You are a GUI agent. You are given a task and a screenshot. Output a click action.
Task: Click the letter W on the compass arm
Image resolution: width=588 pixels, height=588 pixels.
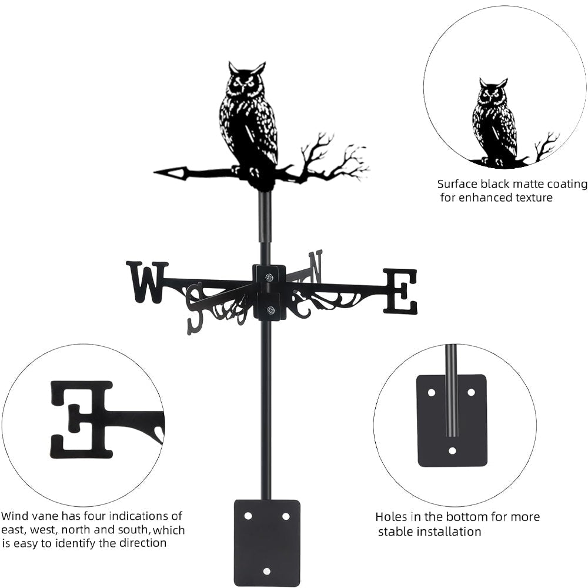click(x=146, y=282)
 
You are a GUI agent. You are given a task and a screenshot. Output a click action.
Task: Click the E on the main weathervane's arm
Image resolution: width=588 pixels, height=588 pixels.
click(x=400, y=291)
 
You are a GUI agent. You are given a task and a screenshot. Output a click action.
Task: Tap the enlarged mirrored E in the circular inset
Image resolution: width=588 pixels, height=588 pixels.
click(x=81, y=419)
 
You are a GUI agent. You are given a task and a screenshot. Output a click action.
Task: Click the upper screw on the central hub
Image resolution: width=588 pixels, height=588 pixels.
click(x=269, y=277)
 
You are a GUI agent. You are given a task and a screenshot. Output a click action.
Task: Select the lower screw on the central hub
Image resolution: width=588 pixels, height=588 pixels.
click(x=270, y=310)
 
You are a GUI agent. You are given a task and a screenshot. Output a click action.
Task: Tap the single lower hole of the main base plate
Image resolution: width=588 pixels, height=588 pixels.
click(x=266, y=571)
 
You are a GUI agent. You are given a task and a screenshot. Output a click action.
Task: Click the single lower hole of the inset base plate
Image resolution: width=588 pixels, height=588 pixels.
click(x=452, y=451)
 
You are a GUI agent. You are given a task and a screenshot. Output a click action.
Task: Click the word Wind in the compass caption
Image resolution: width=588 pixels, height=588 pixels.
click(x=14, y=516)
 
